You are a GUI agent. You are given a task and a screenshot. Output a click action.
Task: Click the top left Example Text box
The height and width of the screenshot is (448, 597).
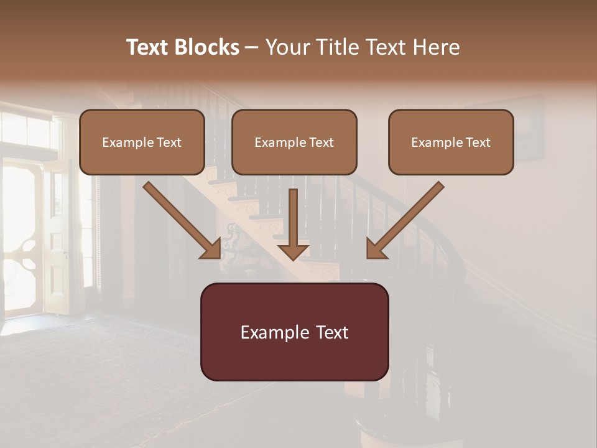tap(142, 142)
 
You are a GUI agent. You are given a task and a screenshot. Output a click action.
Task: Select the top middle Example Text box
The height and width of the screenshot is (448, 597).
tap(294, 142)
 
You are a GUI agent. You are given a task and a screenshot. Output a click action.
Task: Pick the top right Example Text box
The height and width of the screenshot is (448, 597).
tap(451, 142)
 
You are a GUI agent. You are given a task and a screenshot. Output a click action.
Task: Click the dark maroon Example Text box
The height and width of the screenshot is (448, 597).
tap(294, 332)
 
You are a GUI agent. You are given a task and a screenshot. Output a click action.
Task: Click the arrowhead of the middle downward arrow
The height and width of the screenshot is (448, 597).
tap(294, 251)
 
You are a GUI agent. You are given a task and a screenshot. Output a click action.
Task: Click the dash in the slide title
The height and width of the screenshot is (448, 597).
tap(252, 48)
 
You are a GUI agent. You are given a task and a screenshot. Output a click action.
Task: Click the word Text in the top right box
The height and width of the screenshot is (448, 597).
tap(478, 142)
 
